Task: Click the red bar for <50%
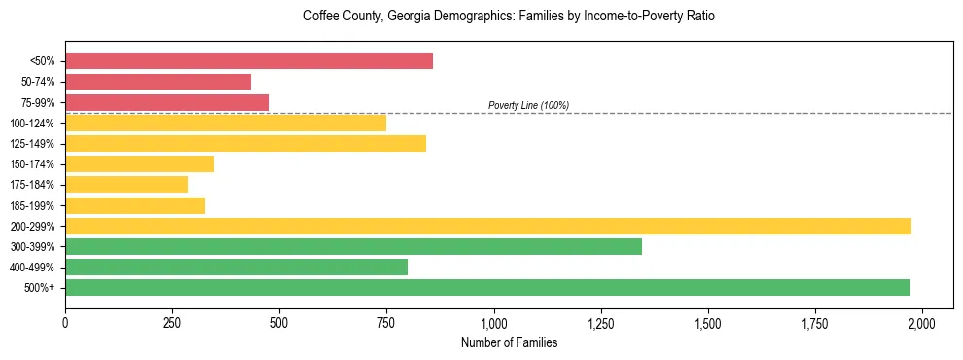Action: pyautogui.click(x=249, y=61)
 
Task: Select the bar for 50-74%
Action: pyautogui.click(x=158, y=82)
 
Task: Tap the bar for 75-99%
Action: pyautogui.click(x=167, y=102)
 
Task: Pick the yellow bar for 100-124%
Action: pyautogui.click(x=226, y=123)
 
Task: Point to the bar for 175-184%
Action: pyautogui.click(x=126, y=185)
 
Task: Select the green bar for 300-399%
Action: pyautogui.click(x=353, y=246)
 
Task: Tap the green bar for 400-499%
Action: pyautogui.click(x=236, y=267)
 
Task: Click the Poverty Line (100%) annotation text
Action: pyautogui.click(x=528, y=105)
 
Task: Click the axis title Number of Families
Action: pyautogui.click(x=509, y=342)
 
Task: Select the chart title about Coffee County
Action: pyautogui.click(x=509, y=17)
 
